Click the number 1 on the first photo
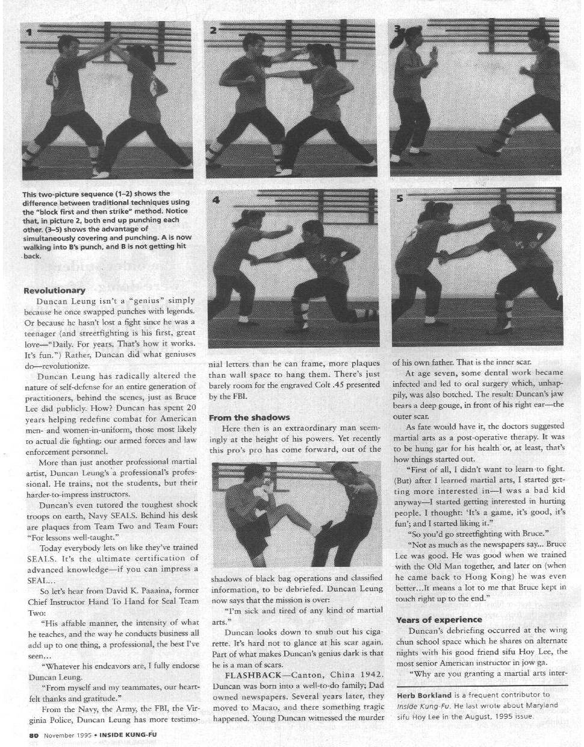click(x=29, y=32)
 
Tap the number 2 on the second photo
click(x=213, y=31)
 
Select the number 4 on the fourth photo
click(x=216, y=200)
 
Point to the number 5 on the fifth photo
click(x=400, y=198)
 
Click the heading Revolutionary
click(x=54, y=290)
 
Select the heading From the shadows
click(x=249, y=417)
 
